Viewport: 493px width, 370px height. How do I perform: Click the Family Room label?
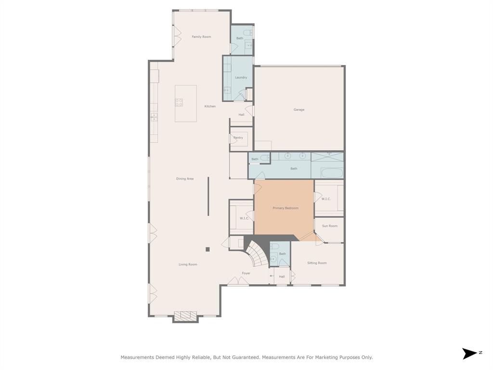click(201, 37)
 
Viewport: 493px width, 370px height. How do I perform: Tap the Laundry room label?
click(241, 78)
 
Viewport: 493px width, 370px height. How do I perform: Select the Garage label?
click(299, 110)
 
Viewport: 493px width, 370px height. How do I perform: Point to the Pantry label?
click(238, 138)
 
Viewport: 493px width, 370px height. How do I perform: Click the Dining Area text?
click(185, 179)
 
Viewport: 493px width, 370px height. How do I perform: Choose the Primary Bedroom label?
click(285, 208)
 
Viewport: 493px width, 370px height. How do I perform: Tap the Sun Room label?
click(330, 226)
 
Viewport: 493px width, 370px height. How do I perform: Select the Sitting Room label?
click(317, 263)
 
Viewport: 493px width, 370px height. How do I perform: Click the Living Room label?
click(188, 264)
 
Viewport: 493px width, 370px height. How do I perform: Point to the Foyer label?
click(246, 273)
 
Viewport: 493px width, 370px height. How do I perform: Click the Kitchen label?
click(210, 106)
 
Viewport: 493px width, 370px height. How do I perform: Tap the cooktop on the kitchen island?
click(179, 103)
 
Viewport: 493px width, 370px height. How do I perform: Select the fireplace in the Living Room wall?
click(185, 316)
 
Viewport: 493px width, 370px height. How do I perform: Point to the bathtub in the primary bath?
click(332, 173)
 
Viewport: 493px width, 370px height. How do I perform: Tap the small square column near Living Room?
click(208, 249)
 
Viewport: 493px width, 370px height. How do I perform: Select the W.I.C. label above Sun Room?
click(326, 199)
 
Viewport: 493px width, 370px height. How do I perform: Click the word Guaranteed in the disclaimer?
click(244, 357)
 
